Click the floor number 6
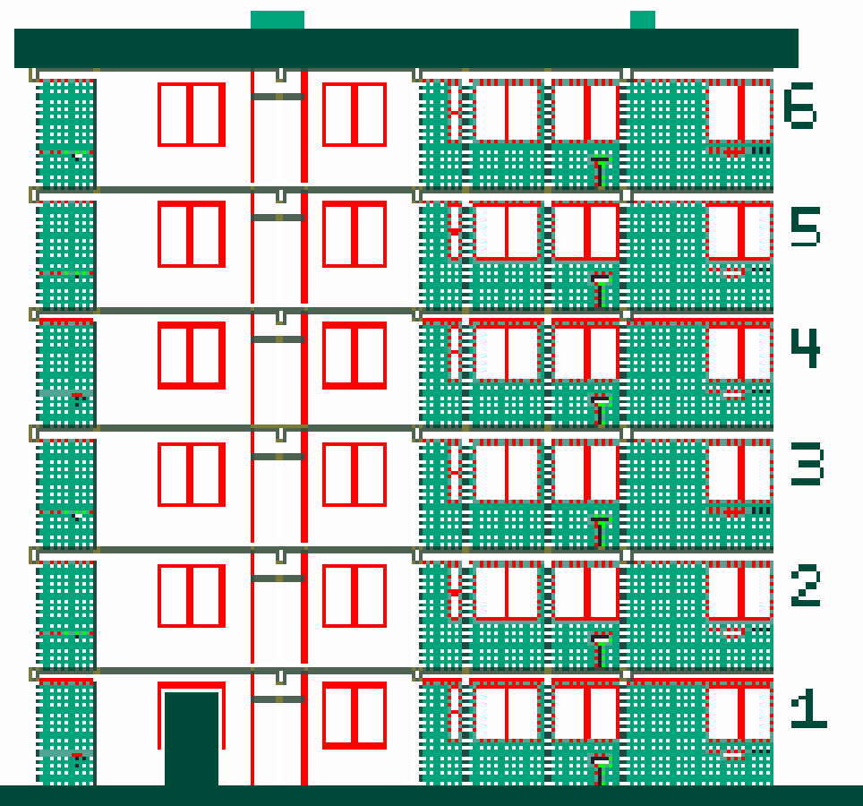click(x=799, y=106)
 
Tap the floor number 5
click(x=805, y=227)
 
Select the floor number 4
click(x=805, y=347)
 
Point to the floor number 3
click(x=807, y=466)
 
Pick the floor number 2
click(x=805, y=587)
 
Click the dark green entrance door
click(x=192, y=739)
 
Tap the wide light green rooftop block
click(x=278, y=20)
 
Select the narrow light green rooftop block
click(x=642, y=20)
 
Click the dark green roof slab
click(x=406, y=48)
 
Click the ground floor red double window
click(x=355, y=716)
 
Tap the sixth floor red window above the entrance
click(x=192, y=115)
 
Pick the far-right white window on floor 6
click(x=739, y=113)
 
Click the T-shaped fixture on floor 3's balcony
click(x=600, y=531)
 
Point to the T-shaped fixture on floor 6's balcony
click(x=600, y=172)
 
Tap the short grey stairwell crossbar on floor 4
click(x=278, y=339)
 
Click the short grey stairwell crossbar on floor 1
click(x=278, y=699)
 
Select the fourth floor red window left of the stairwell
click(x=192, y=356)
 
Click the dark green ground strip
click(x=431, y=795)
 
